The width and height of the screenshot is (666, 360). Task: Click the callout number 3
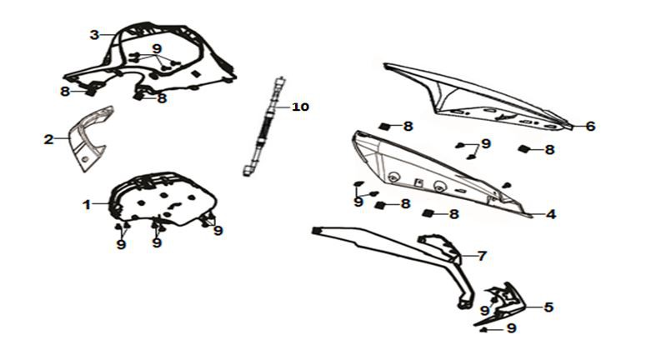pos(94,35)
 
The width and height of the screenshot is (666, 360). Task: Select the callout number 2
pos(49,139)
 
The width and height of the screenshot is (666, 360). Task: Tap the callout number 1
pos(87,205)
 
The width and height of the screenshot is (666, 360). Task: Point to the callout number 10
pos(300,107)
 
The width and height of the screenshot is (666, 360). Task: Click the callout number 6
pos(590,126)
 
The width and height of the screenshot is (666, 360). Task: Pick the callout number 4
pos(550,214)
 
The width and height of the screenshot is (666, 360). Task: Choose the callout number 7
pos(482,256)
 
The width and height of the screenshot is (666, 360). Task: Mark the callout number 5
pos(548,307)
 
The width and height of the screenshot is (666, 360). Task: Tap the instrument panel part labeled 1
pos(163,199)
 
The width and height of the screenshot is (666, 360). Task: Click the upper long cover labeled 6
pos(476,96)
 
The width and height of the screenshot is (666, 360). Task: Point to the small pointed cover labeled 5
pos(503,303)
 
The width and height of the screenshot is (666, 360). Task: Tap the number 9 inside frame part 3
pos(158,49)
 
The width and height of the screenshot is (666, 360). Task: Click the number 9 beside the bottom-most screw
pos(512,328)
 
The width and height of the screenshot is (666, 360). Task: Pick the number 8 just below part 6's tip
pos(549,150)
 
